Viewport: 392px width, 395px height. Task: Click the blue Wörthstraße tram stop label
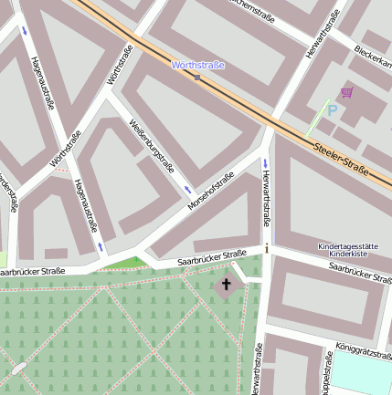pyautogui.click(x=197, y=66)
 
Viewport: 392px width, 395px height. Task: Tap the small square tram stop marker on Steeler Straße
pyautogui.click(x=197, y=78)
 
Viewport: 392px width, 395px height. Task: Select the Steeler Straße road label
pyautogui.click(x=340, y=157)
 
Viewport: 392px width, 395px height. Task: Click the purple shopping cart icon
pyautogui.click(x=346, y=92)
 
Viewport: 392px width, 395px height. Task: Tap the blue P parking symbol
pyautogui.click(x=333, y=110)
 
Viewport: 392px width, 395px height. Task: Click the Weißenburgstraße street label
pyautogui.click(x=152, y=147)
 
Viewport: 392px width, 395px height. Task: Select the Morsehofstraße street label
pyautogui.click(x=210, y=191)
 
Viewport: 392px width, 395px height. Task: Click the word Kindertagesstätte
pyautogui.click(x=347, y=247)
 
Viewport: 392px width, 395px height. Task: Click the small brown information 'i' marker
pyautogui.click(x=267, y=248)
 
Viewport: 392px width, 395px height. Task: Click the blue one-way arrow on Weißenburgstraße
pyautogui.click(x=188, y=190)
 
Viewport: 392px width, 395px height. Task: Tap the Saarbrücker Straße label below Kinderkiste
pyautogui.click(x=359, y=273)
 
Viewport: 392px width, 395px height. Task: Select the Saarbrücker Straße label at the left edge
pyautogui.click(x=31, y=272)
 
